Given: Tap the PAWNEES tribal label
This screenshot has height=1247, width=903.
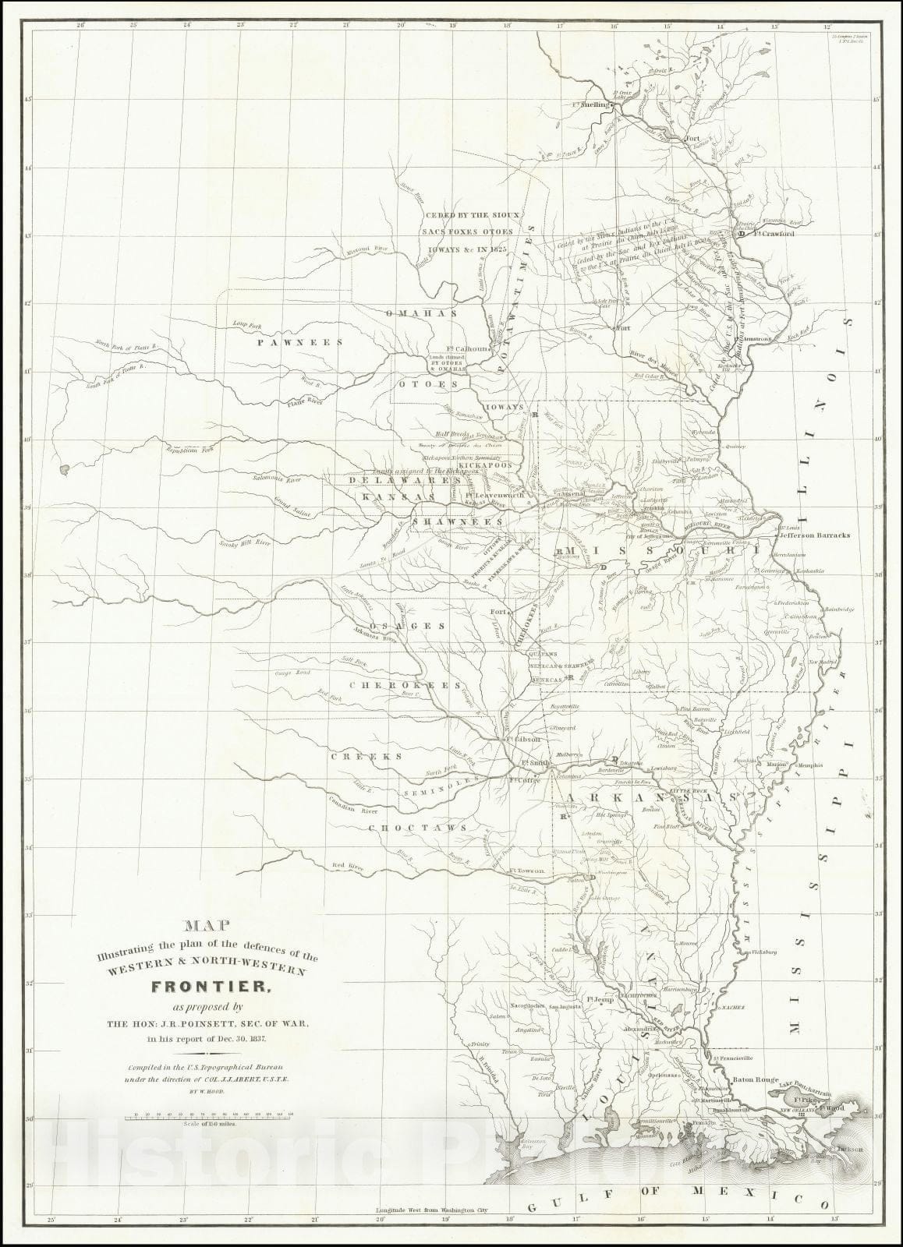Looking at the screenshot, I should [x=290, y=342].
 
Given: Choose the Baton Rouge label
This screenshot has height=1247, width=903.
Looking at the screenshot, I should [x=755, y=1081].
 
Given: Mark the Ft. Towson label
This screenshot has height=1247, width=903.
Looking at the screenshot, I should [x=524, y=870].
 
